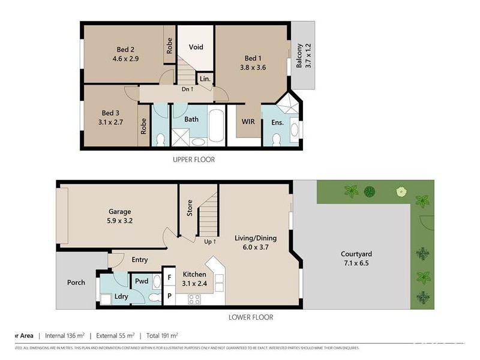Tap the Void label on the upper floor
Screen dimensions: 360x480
(x=196, y=47)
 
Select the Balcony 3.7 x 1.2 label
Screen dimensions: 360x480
(x=304, y=55)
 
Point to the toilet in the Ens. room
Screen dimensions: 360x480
(x=276, y=139)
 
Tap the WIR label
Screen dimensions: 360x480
(x=248, y=122)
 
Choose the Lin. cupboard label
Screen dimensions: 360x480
(x=204, y=79)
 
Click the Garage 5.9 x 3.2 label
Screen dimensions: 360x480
(x=119, y=216)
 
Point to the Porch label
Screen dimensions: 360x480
(x=76, y=283)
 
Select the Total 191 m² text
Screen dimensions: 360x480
(x=166, y=335)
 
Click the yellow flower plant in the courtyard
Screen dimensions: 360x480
(x=400, y=192)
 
